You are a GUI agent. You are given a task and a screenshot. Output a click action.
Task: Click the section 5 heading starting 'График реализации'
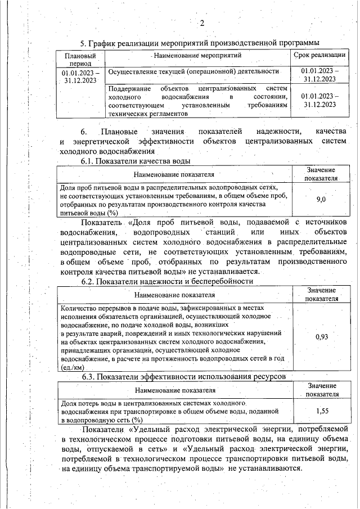click(200, 43)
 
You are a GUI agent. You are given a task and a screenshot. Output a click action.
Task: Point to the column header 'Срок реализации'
click(319, 55)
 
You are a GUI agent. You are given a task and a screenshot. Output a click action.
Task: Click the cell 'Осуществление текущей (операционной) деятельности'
click(193, 72)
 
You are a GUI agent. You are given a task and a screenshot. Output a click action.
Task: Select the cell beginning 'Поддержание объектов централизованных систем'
click(197, 101)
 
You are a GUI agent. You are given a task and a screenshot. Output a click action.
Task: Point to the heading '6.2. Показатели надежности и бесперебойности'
click(167, 281)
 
